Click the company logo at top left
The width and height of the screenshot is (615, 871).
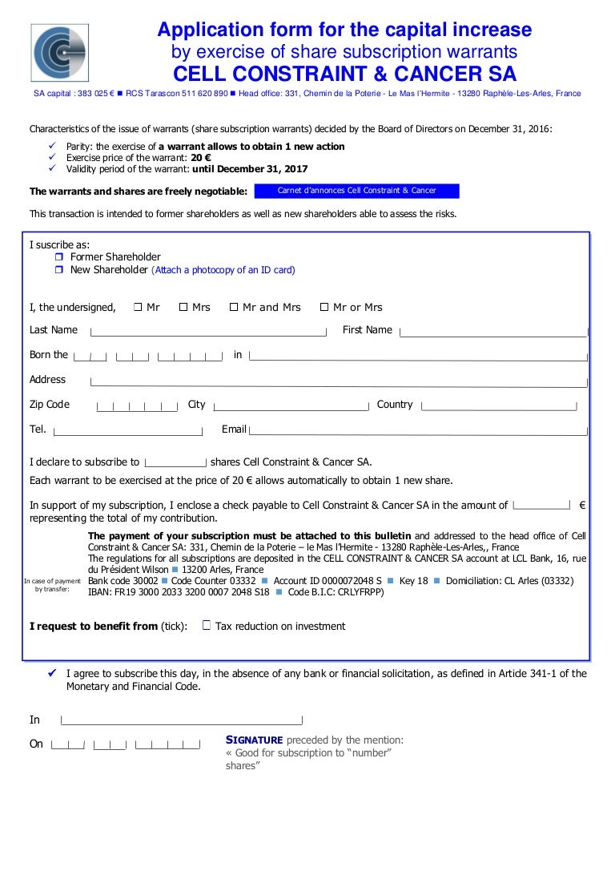59,52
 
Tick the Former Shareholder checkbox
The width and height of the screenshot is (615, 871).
59,257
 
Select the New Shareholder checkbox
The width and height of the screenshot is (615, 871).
59,270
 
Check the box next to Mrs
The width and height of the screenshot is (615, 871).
183,307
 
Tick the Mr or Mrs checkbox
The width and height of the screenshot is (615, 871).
324,307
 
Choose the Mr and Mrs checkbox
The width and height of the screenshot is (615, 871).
234,307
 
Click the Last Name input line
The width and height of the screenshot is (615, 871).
208,331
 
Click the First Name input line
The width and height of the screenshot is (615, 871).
492,331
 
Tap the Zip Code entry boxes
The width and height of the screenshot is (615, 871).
137,406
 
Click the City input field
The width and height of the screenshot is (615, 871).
290,406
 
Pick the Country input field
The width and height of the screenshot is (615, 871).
498,406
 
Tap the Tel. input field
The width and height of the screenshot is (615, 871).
127,431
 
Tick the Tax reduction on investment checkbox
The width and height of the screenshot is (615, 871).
207,626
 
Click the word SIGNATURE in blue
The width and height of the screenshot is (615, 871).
254,740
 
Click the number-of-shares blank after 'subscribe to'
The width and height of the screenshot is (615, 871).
175,462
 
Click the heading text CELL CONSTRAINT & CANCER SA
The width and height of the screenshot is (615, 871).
345,75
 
